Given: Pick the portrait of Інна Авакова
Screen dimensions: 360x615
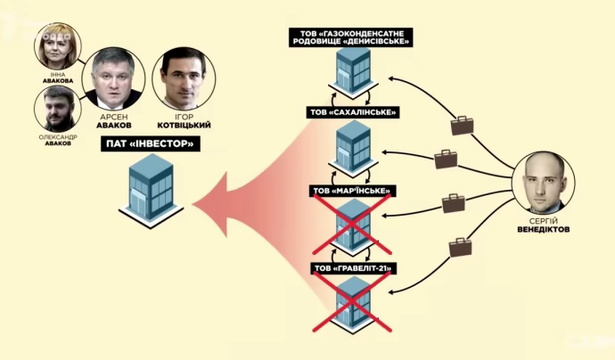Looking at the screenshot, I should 59,46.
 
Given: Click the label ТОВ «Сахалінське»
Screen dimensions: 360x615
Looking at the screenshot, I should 350,112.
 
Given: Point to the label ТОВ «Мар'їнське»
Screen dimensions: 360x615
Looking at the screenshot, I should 351,191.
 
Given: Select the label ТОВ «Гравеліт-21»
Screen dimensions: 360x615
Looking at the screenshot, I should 351,267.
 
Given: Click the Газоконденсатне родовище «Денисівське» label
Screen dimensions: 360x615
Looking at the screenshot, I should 350,37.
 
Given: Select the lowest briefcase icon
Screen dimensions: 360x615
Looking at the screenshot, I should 461,249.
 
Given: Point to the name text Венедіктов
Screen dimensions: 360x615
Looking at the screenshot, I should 545,230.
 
